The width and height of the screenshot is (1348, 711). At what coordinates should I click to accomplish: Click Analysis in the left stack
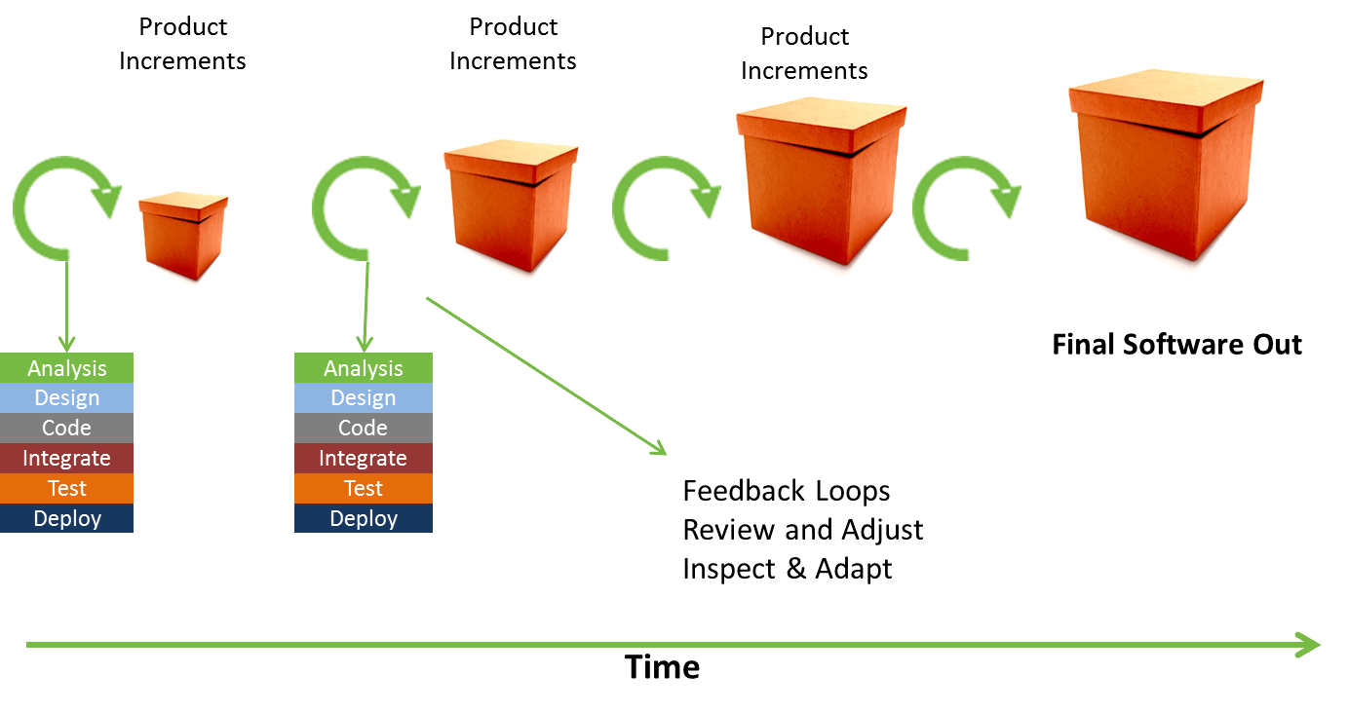click(x=66, y=368)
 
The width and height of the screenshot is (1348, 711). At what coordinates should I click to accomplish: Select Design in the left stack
click(x=66, y=398)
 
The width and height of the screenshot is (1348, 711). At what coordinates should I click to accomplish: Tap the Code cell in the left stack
click(x=66, y=429)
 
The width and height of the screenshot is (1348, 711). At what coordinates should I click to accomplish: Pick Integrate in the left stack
click(x=66, y=459)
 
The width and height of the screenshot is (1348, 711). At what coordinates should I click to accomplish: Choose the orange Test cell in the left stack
click(x=66, y=489)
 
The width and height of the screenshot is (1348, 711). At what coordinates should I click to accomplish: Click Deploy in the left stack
click(x=66, y=518)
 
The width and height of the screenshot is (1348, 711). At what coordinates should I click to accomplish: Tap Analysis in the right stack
click(x=363, y=368)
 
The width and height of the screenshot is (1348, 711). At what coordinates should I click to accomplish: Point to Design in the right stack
click(x=363, y=398)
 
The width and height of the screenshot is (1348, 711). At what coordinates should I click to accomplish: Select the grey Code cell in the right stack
click(x=363, y=429)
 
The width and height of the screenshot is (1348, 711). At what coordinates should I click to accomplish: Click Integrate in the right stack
click(x=363, y=459)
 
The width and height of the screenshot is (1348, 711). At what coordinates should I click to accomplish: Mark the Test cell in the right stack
click(x=363, y=489)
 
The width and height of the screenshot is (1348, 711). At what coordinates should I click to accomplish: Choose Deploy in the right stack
click(x=363, y=518)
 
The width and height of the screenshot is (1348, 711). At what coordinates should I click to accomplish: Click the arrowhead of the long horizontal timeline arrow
click(x=1309, y=645)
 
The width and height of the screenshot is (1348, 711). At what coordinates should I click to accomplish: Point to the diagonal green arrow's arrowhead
click(x=659, y=449)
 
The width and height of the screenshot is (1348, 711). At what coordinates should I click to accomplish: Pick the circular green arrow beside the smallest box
click(x=66, y=207)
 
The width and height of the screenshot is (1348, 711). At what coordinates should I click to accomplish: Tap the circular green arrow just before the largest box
click(x=966, y=207)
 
